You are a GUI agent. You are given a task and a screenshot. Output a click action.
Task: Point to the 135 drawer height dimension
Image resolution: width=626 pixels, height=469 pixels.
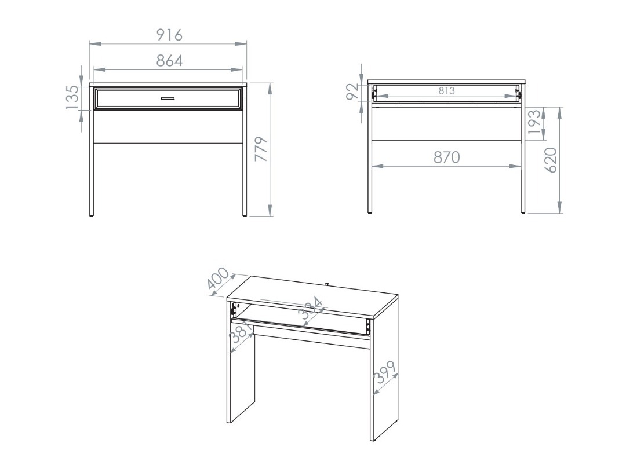(72, 97)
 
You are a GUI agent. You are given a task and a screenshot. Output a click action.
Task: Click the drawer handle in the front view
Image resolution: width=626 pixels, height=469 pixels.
(168, 99)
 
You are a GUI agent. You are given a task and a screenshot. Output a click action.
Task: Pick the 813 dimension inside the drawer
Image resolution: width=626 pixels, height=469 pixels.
(446, 91)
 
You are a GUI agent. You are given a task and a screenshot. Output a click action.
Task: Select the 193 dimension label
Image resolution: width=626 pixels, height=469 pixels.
(536, 123)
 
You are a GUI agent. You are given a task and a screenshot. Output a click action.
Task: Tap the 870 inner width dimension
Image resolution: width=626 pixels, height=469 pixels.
(447, 157)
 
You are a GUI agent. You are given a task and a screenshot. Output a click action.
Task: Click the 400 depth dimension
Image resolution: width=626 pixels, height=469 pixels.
(219, 282)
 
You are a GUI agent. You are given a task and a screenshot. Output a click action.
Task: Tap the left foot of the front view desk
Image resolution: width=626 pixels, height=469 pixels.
(92, 214)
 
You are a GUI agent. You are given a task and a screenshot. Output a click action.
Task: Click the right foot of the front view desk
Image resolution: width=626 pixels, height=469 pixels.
(245, 214)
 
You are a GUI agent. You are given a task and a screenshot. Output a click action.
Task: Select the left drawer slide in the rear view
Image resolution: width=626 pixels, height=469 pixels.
(375, 93)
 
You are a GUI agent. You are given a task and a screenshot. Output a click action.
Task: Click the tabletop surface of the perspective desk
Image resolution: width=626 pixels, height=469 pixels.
(313, 295)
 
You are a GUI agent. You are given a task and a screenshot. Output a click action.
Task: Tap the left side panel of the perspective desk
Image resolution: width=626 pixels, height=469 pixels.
(241, 382)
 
